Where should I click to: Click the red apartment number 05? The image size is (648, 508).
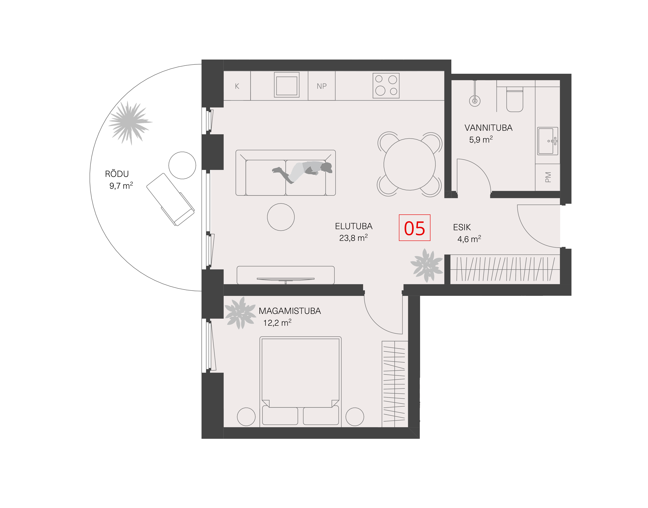point(414,228)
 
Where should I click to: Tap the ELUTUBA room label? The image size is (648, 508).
point(353,226)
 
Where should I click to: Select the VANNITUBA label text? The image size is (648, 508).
point(489,128)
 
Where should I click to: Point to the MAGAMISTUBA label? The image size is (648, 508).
point(290,311)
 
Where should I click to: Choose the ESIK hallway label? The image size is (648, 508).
point(462,228)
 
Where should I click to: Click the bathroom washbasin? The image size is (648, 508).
point(548,141)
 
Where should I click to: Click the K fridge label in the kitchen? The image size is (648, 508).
point(237,86)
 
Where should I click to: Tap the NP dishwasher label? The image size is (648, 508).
point(322,86)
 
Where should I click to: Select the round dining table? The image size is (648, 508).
point(410,164)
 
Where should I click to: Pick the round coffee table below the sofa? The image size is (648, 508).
point(281,217)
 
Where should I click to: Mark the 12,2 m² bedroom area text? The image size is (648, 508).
point(277,323)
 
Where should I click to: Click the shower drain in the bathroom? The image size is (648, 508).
point(475,101)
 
